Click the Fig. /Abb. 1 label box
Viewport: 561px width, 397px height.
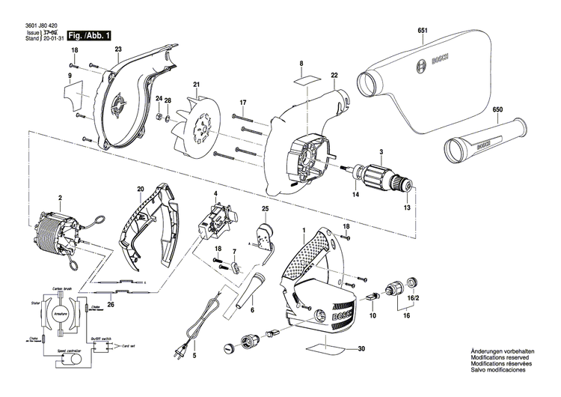[x=89, y=34]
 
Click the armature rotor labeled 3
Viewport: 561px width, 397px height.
[x=381, y=180]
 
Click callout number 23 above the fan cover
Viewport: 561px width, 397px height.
[x=118, y=49]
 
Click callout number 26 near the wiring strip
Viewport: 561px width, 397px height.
[x=111, y=303]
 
